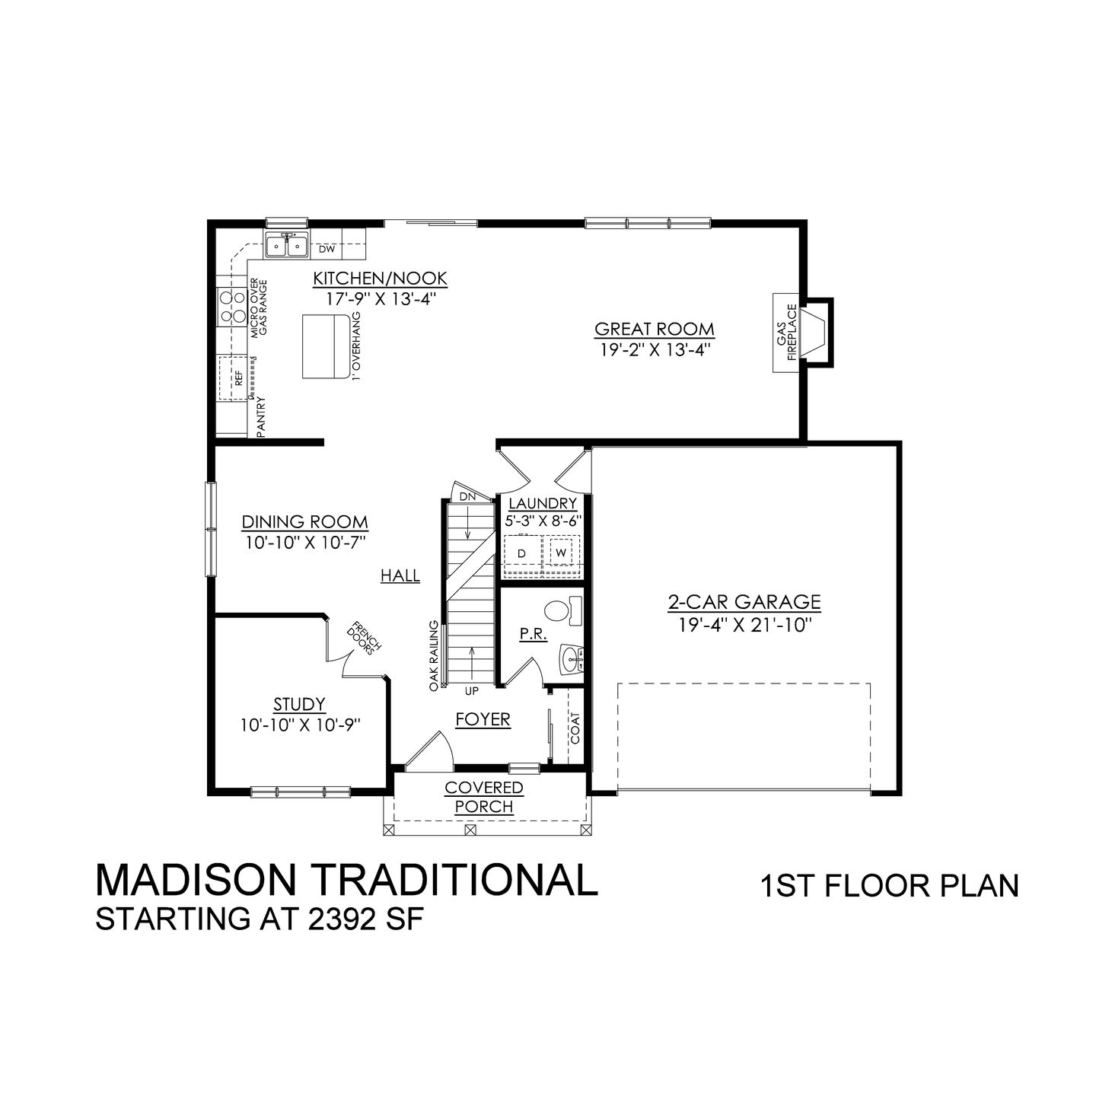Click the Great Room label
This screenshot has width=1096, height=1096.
click(x=654, y=329)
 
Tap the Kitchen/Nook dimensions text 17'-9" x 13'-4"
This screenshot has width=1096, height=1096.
click(x=380, y=299)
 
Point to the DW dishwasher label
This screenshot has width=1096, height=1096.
click(x=327, y=249)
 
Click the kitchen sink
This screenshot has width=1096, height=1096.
click(x=285, y=246)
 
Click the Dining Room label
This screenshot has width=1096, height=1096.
click(x=304, y=522)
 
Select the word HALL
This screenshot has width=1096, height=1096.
click(x=400, y=576)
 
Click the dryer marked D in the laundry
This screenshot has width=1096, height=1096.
click(x=522, y=553)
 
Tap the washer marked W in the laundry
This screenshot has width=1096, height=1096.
click(x=560, y=553)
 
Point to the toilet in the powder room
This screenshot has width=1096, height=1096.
click(x=562, y=610)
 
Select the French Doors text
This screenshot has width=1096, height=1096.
click(x=365, y=639)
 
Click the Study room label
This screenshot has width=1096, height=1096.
click(x=300, y=704)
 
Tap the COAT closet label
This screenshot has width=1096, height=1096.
click(x=575, y=728)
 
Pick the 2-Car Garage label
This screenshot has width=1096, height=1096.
click(x=744, y=603)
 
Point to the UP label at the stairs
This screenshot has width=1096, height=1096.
click(x=472, y=691)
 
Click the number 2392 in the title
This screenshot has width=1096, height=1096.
click(x=339, y=919)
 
